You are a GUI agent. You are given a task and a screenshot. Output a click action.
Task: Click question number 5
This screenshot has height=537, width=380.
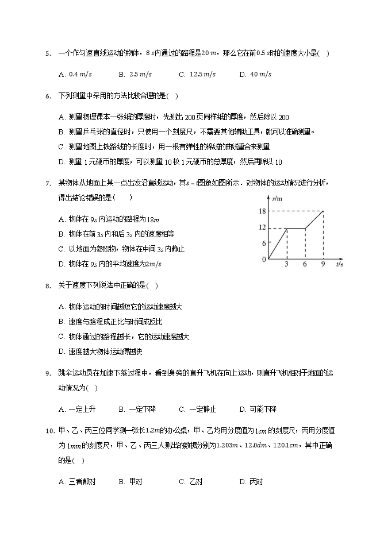pos(47,54)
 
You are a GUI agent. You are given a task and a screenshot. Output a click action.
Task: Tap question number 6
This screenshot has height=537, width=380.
pos(47,96)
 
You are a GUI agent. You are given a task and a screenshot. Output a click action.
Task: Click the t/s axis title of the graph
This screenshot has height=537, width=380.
pos(340,265)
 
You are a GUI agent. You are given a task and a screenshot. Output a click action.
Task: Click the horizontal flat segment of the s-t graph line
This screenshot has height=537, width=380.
pos(295,228)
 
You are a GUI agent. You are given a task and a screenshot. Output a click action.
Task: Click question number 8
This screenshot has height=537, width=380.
pos(47,285)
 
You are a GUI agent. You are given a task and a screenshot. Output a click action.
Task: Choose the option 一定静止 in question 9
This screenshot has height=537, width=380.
pos(203,409)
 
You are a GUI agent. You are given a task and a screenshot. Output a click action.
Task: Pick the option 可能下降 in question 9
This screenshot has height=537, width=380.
pos(263,409)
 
